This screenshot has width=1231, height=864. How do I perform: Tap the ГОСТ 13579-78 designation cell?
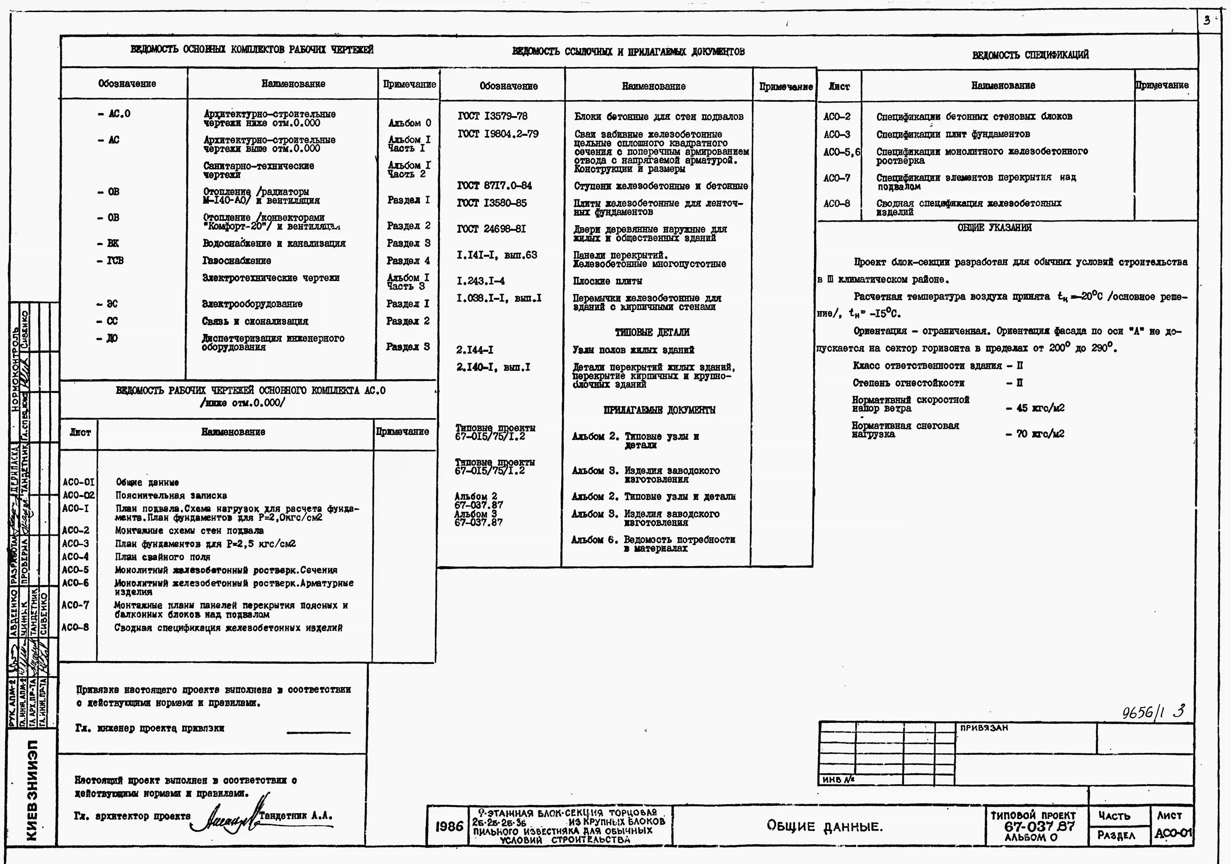[492, 116]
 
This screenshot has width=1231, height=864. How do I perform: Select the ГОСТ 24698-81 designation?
[491, 229]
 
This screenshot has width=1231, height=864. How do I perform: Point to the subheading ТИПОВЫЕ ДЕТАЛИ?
[652, 332]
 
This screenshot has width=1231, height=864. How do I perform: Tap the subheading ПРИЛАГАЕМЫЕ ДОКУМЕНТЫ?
[659, 410]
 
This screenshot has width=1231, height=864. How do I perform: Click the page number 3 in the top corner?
[1207, 21]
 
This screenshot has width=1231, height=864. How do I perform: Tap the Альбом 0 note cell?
[409, 123]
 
